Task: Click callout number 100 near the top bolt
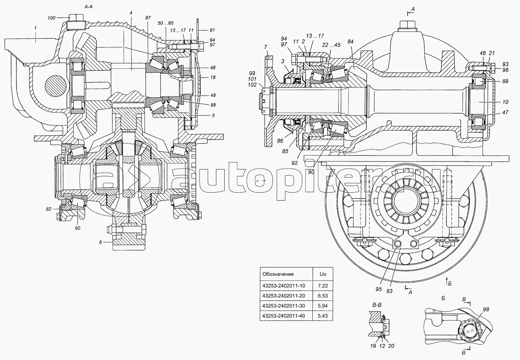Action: [x=51, y=18]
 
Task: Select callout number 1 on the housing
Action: [x=35, y=27]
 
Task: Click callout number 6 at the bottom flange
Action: [x=101, y=242]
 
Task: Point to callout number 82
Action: [x=49, y=209]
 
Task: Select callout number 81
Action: [x=212, y=30]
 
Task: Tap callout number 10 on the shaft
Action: [x=505, y=102]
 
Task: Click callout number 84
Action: [x=350, y=42]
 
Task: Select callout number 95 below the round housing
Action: [x=379, y=289]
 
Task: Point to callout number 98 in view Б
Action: [x=486, y=309]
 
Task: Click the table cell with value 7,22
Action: [x=322, y=286]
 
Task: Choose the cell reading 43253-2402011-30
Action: [x=284, y=306]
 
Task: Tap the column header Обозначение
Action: [x=278, y=274]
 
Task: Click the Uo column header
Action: [x=322, y=274]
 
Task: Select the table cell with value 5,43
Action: [x=322, y=316]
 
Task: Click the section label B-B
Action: [x=377, y=305]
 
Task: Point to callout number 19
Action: [x=373, y=345]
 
